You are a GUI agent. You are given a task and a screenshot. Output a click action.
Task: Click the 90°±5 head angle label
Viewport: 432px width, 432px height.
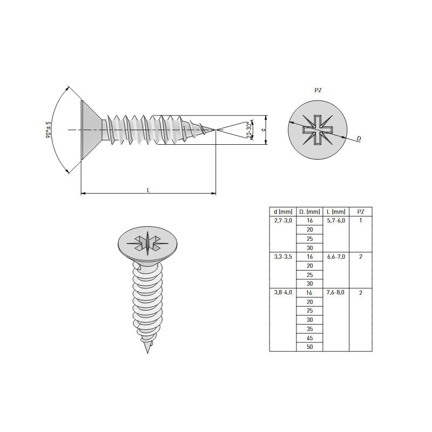pyautogui.click(x=48, y=130)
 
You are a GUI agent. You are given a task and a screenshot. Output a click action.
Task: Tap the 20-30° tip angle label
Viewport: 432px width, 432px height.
pyautogui.click(x=249, y=130)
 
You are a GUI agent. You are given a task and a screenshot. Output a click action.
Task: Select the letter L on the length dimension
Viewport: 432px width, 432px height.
pyautogui.click(x=148, y=190)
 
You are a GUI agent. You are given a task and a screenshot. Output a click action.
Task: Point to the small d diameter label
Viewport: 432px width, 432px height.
pyautogui.click(x=264, y=130)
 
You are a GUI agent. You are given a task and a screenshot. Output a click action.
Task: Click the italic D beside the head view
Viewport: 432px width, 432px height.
pyautogui.click(x=359, y=138)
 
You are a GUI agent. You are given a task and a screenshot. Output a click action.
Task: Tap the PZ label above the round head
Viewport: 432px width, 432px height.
pyautogui.click(x=318, y=90)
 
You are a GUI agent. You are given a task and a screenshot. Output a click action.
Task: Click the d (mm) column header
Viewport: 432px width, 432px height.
pyautogui.click(x=283, y=212)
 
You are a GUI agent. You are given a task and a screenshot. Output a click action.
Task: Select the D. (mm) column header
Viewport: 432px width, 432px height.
pyautogui.click(x=309, y=212)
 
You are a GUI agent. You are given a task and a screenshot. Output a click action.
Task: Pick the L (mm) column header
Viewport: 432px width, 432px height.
pyautogui.click(x=336, y=212)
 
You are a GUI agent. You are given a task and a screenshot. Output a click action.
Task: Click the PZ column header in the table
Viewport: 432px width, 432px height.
pyautogui.click(x=361, y=212)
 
